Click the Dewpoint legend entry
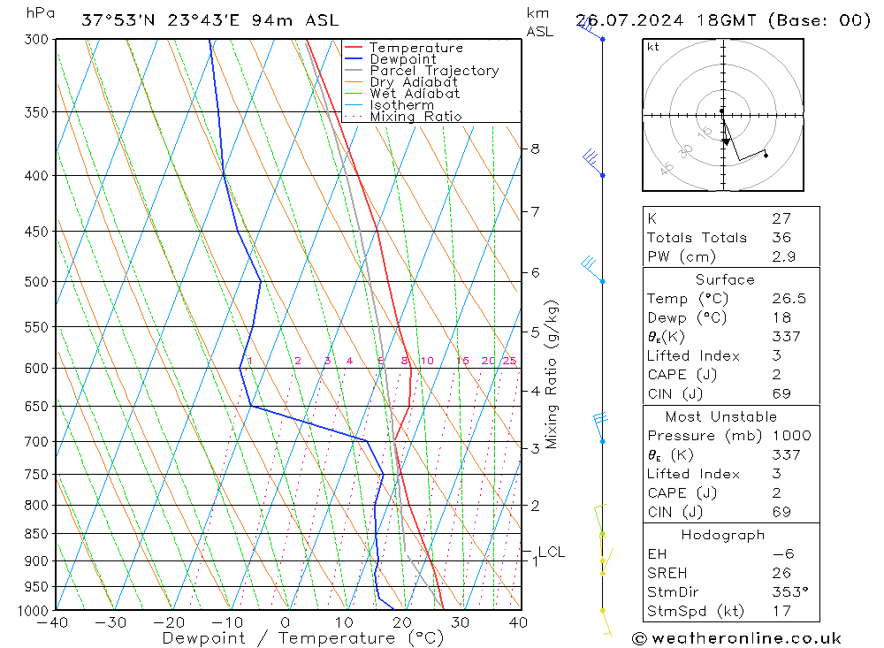click(402, 59)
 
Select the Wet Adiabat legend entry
click(415, 94)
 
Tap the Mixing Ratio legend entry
click(415, 117)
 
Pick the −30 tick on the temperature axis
click(111, 622)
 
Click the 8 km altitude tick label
click(535, 149)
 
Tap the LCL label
click(551, 553)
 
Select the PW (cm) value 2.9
click(783, 256)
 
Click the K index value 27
click(781, 218)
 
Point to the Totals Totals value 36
click(781, 238)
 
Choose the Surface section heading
click(725, 280)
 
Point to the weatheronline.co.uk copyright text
click(737, 638)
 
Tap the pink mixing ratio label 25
click(509, 361)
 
